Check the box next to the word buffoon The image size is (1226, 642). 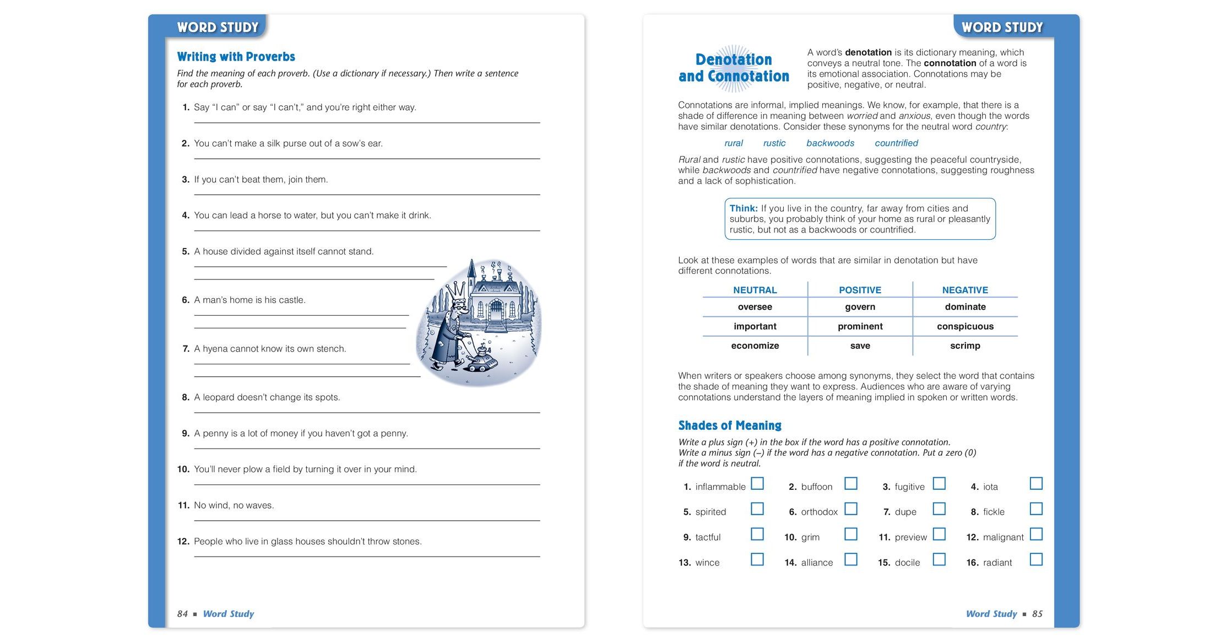[x=851, y=483]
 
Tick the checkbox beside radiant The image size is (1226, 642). [x=1036, y=559]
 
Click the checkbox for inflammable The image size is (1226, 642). [x=757, y=483]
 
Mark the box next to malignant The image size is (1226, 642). [x=1036, y=534]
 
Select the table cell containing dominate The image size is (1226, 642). [x=965, y=307]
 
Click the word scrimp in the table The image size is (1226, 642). [x=965, y=346]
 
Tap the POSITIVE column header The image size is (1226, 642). [x=860, y=290]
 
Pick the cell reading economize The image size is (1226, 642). [x=755, y=346]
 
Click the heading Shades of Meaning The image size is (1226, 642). [x=730, y=425]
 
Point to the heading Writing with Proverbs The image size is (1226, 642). [x=236, y=57]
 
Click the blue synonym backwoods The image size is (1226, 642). [x=830, y=143]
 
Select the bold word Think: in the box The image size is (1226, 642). [x=744, y=208]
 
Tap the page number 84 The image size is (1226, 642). [x=182, y=614]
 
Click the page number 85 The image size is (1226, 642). [x=1037, y=614]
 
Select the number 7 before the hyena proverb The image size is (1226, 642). [x=186, y=349]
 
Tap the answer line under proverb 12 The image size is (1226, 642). [x=367, y=556]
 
